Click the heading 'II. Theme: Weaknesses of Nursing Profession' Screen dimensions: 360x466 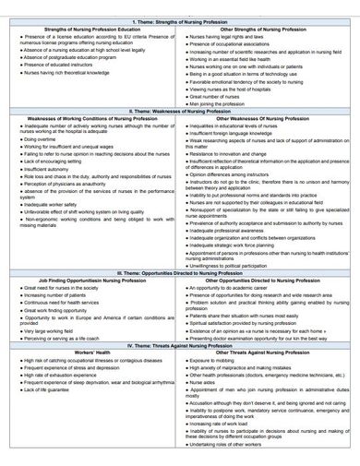point(180,112)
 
